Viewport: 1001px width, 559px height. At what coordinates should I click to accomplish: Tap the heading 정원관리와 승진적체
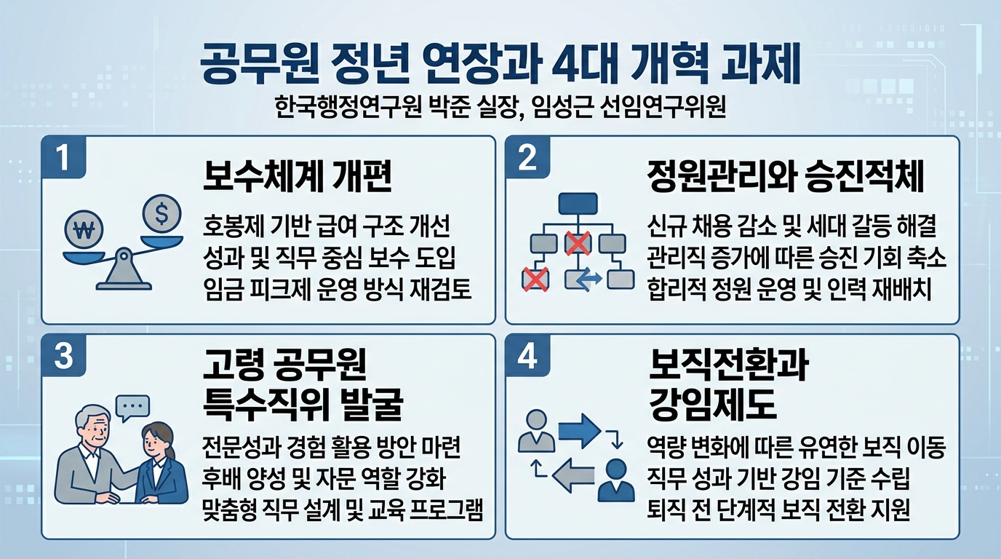(786, 178)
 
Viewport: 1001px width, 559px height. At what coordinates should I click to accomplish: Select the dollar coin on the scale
(161, 213)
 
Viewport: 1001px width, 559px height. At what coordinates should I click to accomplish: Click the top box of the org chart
(577, 203)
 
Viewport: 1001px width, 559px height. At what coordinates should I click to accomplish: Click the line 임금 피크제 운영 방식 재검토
(338, 290)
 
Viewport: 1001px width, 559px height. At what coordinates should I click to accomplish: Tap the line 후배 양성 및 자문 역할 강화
(326, 479)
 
